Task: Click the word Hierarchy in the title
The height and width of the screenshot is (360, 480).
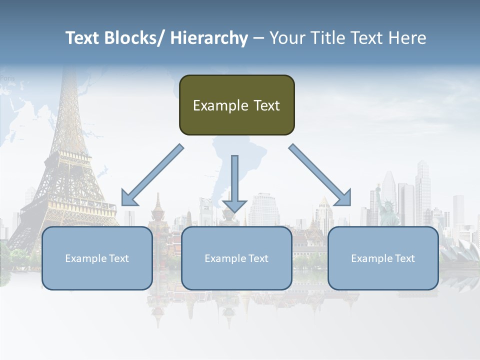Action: [209, 38]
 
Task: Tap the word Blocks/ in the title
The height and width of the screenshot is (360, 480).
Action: [131, 38]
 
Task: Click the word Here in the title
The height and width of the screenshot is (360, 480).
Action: [408, 38]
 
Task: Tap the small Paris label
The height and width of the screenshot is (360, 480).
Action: [7, 78]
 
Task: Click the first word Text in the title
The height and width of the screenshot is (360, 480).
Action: [80, 38]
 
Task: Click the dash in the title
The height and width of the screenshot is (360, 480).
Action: [258, 38]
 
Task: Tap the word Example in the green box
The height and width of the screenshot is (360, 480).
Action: [213, 105]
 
